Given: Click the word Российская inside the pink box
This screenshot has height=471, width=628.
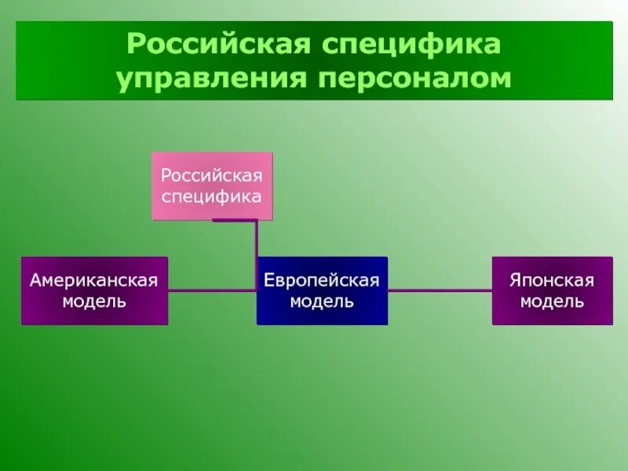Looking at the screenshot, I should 211,173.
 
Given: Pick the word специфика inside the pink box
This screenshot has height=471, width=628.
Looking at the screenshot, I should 211,194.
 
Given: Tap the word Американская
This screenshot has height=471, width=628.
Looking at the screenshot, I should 94,280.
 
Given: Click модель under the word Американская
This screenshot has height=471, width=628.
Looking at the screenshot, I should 94,301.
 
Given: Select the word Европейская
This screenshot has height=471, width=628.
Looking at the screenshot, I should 322,280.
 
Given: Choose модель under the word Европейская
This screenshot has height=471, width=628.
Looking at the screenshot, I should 322,301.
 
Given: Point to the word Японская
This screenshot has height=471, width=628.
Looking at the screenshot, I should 552,280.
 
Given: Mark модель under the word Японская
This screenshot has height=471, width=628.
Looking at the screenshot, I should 552,301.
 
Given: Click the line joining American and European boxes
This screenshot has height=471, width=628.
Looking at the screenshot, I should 212,290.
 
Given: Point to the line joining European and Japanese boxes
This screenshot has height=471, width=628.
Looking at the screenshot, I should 440,290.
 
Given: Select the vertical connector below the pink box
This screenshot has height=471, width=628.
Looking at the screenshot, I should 256,251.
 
